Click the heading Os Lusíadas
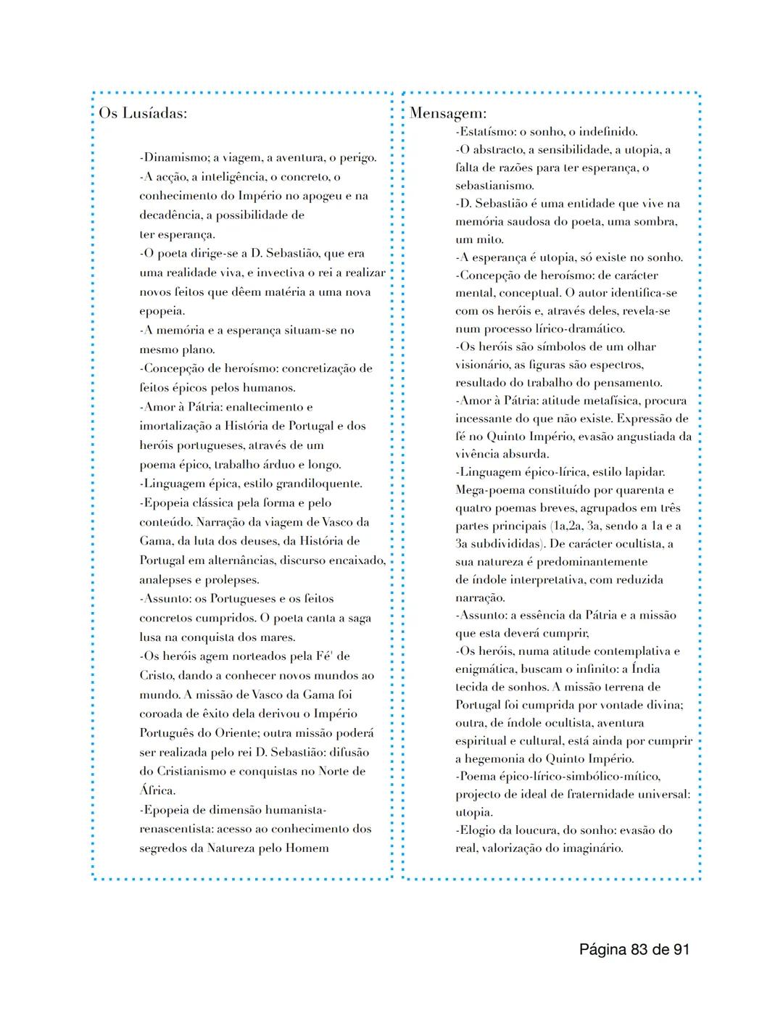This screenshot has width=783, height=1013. (143, 114)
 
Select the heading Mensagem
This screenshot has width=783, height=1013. (448, 113)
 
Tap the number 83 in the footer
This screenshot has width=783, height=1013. (640, 949)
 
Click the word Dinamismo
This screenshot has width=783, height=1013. (174, 157)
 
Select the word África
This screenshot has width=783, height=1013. (157, 790)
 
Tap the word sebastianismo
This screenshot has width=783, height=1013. (494, 186)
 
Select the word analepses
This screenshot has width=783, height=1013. (165, 580)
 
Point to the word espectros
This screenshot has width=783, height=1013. (618, 365)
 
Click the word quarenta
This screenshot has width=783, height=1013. (636, 490)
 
